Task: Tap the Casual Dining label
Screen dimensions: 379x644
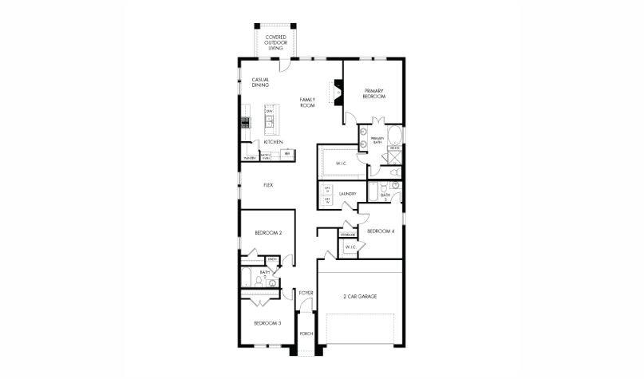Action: pos(260,82)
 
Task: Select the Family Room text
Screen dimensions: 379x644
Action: pos(307,102)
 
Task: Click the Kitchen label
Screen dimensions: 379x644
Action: pos(274,142)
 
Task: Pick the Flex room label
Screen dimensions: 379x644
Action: pos(269,185)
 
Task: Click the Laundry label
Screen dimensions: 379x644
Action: pos(347,194)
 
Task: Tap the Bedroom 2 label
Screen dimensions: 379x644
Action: pos(268,233)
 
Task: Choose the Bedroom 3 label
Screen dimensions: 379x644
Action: pos(267,323)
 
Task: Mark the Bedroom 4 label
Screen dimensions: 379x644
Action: pos(380,231)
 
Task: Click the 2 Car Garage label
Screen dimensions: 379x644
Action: pos(361,297)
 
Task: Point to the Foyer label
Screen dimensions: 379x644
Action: pos(306,294)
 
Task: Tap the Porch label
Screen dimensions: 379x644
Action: pos(306,334)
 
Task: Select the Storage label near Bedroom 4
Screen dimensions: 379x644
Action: pos(348,235)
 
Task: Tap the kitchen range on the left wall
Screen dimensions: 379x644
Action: pos(246,122)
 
